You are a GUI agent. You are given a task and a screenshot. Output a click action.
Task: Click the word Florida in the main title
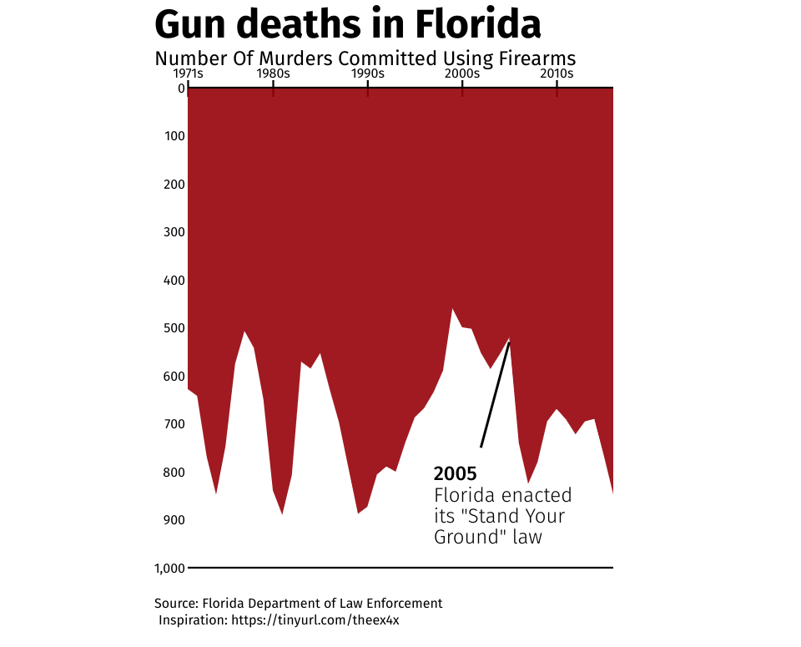[x=478, y=25]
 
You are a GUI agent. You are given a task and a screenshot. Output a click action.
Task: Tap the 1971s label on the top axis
[x=188, y=73]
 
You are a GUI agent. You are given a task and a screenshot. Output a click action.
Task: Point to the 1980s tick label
[x=273, y=73]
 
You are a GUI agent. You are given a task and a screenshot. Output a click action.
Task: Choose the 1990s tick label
[x=367, y=73]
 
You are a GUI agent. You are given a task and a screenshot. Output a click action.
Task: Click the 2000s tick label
[x=461, y=73]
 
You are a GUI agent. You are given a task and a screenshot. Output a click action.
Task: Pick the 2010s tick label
[x=557, y=73]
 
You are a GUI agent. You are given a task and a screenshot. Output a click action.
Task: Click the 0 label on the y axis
[x=181, y=88]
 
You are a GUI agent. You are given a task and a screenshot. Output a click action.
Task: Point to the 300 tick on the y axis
[x=174, y=232]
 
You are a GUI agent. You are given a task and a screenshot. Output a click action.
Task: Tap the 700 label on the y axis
[x=174, y=424]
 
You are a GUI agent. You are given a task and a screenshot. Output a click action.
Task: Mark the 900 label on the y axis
[x=174, y=520]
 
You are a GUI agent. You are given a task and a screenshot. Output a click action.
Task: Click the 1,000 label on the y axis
[x=169, y=569]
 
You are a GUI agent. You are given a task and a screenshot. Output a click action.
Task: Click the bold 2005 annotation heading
[x=455, y=474]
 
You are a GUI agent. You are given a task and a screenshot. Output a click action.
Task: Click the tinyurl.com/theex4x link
[x=320, y=620]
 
